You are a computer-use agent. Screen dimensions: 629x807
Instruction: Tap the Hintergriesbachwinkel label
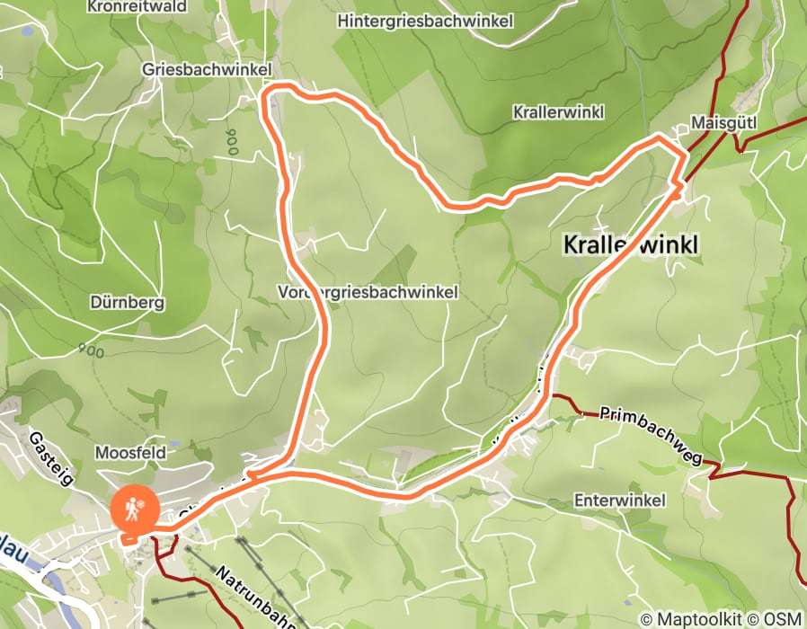point(425,20)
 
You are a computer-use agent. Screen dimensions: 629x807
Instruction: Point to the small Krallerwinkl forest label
point(558,112)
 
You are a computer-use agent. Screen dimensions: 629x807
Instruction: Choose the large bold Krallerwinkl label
point(630,244)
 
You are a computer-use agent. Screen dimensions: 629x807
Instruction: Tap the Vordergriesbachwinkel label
point(368,292)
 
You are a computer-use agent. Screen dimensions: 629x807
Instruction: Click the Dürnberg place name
point(128,303)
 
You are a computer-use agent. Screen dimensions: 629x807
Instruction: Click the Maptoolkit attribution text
point(692,619)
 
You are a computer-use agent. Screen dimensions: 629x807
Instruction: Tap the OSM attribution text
point(782,619)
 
